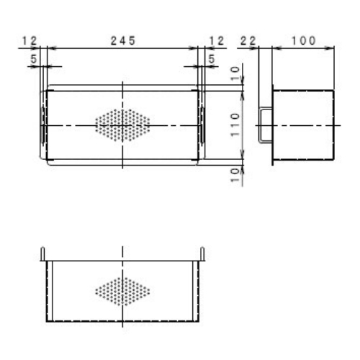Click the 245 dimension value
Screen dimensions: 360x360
[123, 40]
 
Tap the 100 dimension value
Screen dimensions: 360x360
[303, 40]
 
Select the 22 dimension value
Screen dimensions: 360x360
[248, 41]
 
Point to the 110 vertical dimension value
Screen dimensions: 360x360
[235, 125]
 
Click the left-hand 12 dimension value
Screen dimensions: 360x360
[30, 41]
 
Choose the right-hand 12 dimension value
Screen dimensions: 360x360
[217, 41]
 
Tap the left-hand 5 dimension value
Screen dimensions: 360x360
[34, 59]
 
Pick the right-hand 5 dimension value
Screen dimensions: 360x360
[211, 59]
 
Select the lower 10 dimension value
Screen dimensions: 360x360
[235, 175]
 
